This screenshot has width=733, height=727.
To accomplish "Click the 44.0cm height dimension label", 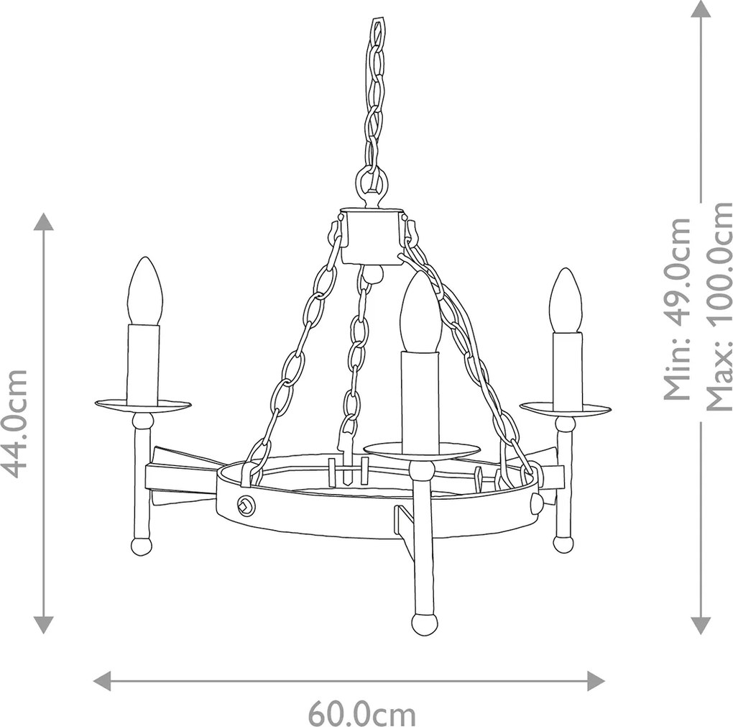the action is point(14,424).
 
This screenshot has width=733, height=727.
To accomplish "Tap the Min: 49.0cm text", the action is point(678,309).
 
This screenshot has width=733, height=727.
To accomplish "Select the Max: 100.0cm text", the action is point(718,306).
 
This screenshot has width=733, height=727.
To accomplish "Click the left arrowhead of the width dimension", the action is point(102,680).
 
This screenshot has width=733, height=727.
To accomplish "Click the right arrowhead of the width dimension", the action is point(596,680).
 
